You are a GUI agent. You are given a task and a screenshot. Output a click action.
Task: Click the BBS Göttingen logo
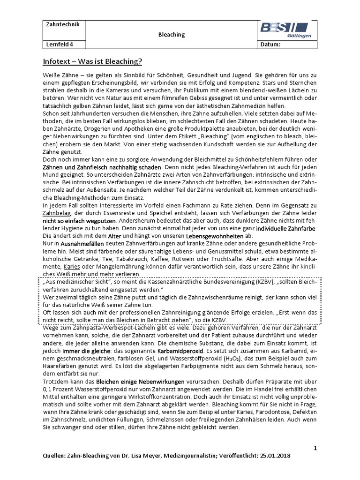(x=288, y=30)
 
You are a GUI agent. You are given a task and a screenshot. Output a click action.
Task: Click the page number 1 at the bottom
(x=315, y=448)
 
